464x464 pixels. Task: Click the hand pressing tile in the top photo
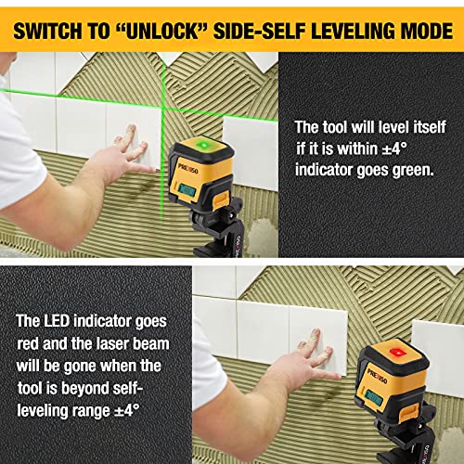(x=130, y=152)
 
